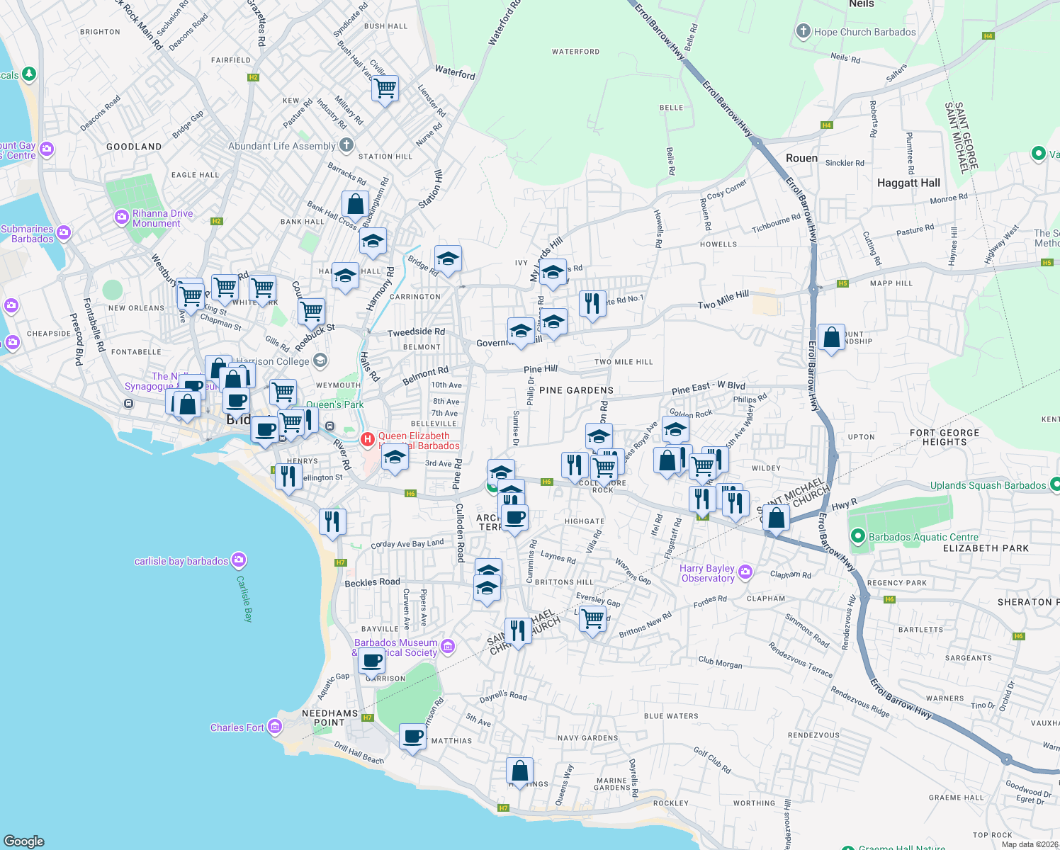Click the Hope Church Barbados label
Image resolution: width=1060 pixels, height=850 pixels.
(864, 32)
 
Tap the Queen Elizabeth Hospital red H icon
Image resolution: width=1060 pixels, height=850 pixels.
(368, 440)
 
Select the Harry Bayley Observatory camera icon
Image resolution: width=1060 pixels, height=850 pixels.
(745, 572)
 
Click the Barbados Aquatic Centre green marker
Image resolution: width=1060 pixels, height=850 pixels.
(858, 537)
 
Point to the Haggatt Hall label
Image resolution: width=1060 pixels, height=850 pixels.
(908, 183)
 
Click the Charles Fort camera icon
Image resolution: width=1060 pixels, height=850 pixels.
(275, 727)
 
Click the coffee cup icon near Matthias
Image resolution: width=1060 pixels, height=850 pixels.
(412, 737)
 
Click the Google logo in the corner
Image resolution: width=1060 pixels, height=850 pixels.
(24, 841)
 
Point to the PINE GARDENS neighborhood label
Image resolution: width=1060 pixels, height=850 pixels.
(576, 390)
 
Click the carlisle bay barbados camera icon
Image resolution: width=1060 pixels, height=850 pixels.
(239, 560)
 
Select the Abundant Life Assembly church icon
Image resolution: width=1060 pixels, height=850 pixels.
(346, 146)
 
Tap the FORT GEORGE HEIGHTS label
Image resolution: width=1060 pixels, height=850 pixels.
(944, 437)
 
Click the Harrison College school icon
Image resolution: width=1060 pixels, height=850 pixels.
(320, 361)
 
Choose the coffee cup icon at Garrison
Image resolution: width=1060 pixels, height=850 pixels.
(372, 662)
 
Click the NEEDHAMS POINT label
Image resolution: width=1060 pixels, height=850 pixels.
(329, 718)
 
